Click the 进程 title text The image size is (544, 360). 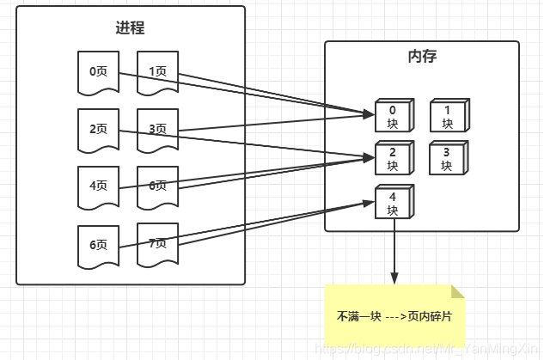[x=131, y=27]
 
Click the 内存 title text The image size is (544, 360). [x=421, y=57]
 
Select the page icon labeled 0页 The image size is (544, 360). [x=98, y=71]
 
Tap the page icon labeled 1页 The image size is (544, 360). [x=157, y=71]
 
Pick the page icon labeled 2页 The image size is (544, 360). [x=98, y=129]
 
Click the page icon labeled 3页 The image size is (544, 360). [x=157, y=129]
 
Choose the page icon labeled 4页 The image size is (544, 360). [x=98, y=186]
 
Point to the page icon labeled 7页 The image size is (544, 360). [x=157, y=243]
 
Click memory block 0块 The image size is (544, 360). [x=392, y=116]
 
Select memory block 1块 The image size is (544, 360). [x=447, y=116]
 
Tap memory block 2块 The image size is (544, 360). [x=392, y=158]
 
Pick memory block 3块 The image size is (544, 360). [x=447, y=158]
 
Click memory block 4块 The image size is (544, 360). [x=392, y=203]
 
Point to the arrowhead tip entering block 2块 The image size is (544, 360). [x=372, y=157]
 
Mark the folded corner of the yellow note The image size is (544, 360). [x=457, y=292]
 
